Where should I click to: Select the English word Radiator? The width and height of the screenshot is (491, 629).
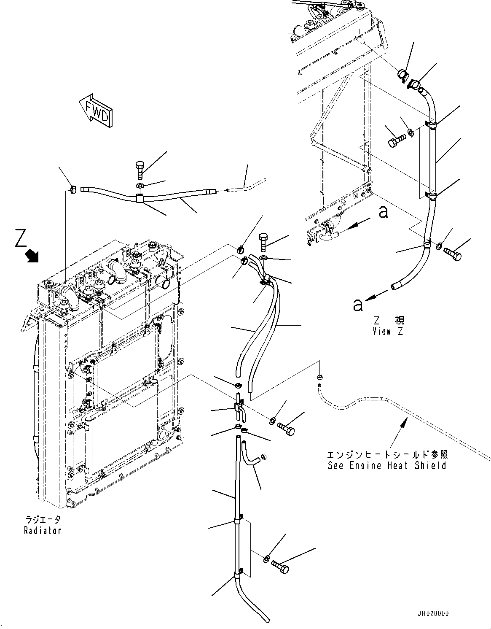click(x=42, y=531)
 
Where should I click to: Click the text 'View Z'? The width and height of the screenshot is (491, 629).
click(x=387, y=331)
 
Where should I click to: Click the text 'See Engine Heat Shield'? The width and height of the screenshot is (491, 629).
click(x=387, y=466)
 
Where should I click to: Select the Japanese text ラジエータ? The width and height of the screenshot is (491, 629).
click(x=42, y=520)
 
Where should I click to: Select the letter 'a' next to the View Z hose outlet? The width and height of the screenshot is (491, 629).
click(x=358, y=304)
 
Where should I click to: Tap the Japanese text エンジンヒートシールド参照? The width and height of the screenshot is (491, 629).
click(x=387, y=455)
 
